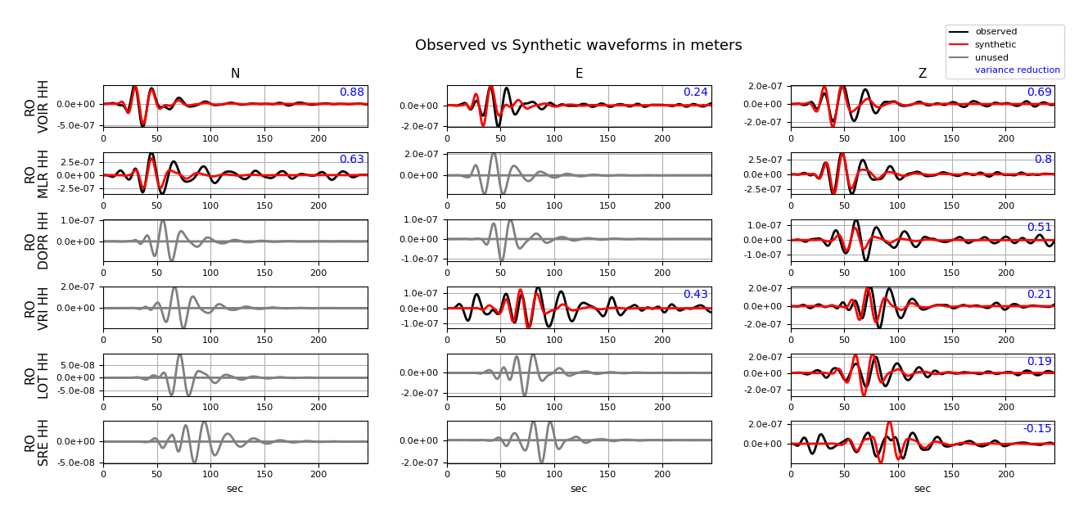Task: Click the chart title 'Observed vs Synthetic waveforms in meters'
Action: [x=578, y=46]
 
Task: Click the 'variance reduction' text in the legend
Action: [x=1017, y=70]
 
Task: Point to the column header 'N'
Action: [x=235, y=74]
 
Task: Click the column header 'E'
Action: [x=579, y=74]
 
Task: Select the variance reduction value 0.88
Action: [x=351, y=93]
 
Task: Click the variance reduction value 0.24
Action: [x=695, y=93]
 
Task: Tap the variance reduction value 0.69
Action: [x=1039, y=93]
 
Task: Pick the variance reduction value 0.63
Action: [x=351, y=160]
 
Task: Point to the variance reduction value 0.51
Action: [x=1039, y=228]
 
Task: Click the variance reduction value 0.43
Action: [x=695, y=295]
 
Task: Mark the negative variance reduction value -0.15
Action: [x=1037, y=429]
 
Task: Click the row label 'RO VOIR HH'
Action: [x=37, y=106]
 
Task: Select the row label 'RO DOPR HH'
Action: [x=37, y=241]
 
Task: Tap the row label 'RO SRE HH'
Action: [x=37, y=442]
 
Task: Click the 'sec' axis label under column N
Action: [x=235, y=489]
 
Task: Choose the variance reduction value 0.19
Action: [x=1039, y=362]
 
